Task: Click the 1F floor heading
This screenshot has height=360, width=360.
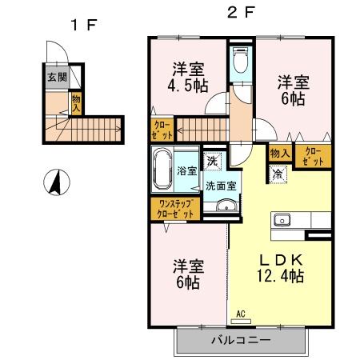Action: (x=83, y=24)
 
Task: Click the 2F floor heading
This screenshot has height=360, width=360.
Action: (x=241, y=13)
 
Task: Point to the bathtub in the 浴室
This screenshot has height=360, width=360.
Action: (x=164, y=169)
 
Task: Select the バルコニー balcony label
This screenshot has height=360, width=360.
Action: (x=241, y=340)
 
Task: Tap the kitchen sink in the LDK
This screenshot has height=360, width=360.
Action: (x=282, y=220)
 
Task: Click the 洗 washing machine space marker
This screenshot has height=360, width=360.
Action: (x=212, y=161)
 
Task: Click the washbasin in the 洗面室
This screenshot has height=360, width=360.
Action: (x=226, y=208)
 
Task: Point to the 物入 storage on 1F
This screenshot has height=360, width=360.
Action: (x=77, y=102)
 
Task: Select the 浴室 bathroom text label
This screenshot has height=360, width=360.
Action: (x=187, y=170)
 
